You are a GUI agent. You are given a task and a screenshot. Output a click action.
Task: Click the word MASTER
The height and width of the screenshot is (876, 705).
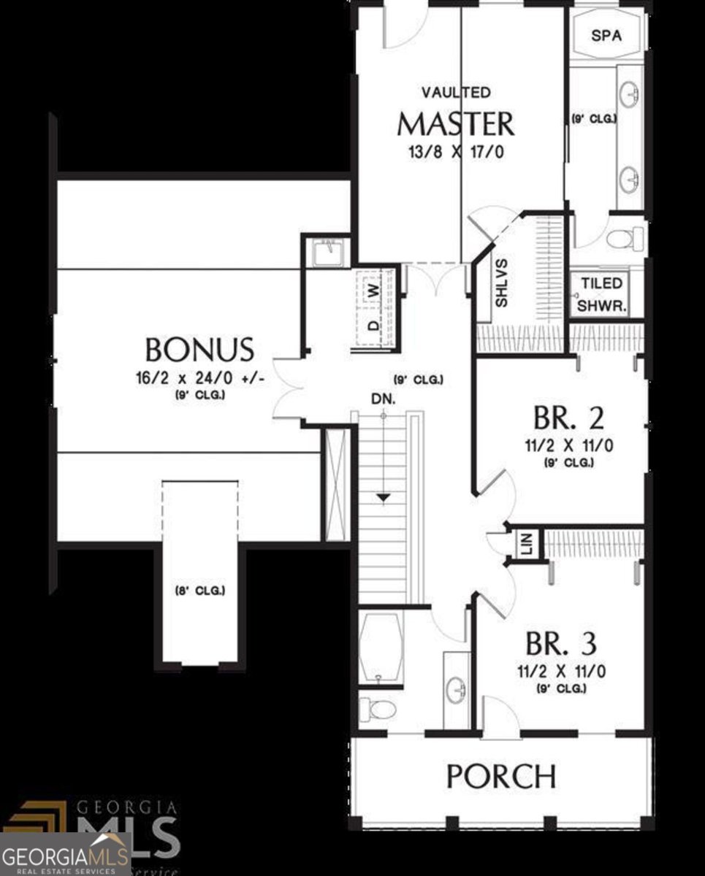coord(455,125)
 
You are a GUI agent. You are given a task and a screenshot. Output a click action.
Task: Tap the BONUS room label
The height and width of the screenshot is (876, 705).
coord(199,350)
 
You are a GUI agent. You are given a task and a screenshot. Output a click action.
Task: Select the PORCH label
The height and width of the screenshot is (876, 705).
coord(501,776)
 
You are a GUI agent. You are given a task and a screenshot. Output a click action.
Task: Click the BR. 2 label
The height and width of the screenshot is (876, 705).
coord(568,418)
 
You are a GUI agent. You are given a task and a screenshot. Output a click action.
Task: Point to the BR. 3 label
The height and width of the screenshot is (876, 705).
coord(561,644)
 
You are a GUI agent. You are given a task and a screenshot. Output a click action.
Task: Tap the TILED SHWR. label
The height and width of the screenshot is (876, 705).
coord(602,295)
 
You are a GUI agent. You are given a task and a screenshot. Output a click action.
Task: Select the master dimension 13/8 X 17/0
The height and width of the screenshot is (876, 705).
coord(456,153)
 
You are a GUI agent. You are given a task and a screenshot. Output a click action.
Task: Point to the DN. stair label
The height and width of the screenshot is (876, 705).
coord(383,399)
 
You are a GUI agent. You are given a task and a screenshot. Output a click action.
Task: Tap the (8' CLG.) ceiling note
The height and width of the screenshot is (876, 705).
coord(199,590)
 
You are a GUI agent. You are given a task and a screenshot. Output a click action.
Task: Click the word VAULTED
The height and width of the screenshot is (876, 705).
coord(456,93)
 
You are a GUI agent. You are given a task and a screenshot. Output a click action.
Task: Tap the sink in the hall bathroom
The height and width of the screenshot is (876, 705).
coord(457,687)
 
